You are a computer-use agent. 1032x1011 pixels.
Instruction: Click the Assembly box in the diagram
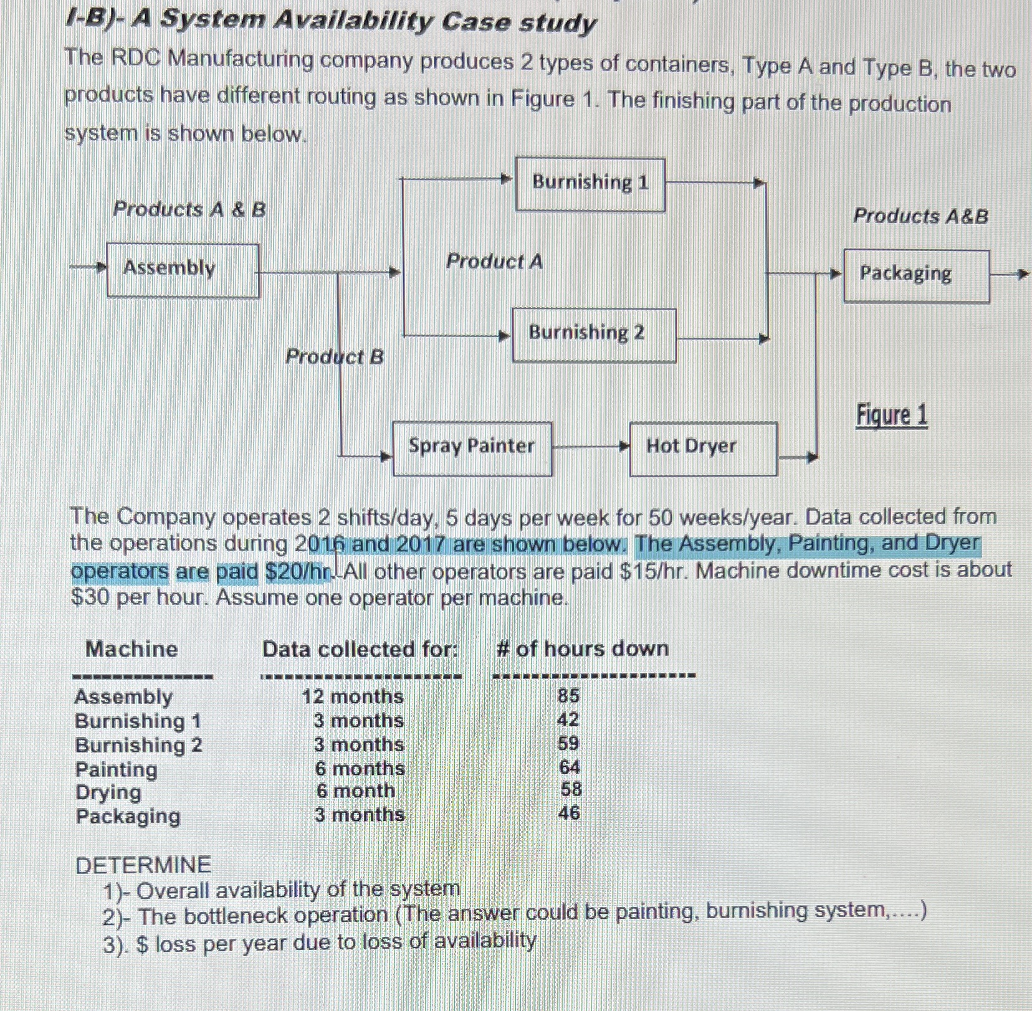pyautogui.click(x=183, y=270)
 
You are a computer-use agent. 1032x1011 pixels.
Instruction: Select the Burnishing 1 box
pyautogui.click(x=590, y=184)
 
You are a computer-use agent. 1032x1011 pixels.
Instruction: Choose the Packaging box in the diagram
pyautogui.click(x=916, y=276)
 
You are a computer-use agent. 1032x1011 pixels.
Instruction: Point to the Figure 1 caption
pyautogui.click(x=892, y=415)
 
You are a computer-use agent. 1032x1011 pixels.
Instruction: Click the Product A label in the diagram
pyautogui.click(x=494, y=262)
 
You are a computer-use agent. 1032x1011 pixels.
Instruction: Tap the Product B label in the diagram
pyautogui.click(x=334, y=357)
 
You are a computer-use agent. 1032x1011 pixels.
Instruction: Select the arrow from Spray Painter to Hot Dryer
pyautogui.click(x=590, y=447)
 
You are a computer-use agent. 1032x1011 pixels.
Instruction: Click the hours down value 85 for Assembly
pyautogui.click(x=568, y=695)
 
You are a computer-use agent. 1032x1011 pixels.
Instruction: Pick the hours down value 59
pyautogui.click(x=568, y=743)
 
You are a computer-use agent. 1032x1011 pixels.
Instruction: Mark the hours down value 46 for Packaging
pyautogui.click(x=569, y=813)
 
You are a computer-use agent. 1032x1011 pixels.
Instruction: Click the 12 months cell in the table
pyautogui.click(x=353, y=696)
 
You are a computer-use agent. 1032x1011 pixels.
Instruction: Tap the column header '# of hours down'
pyautogui.click(x=582, y=649)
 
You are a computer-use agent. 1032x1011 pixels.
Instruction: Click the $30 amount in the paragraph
pyautogui.click(x=91, y=598)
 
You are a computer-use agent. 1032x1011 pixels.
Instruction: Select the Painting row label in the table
pyautogui.click(x=117, y=769)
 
